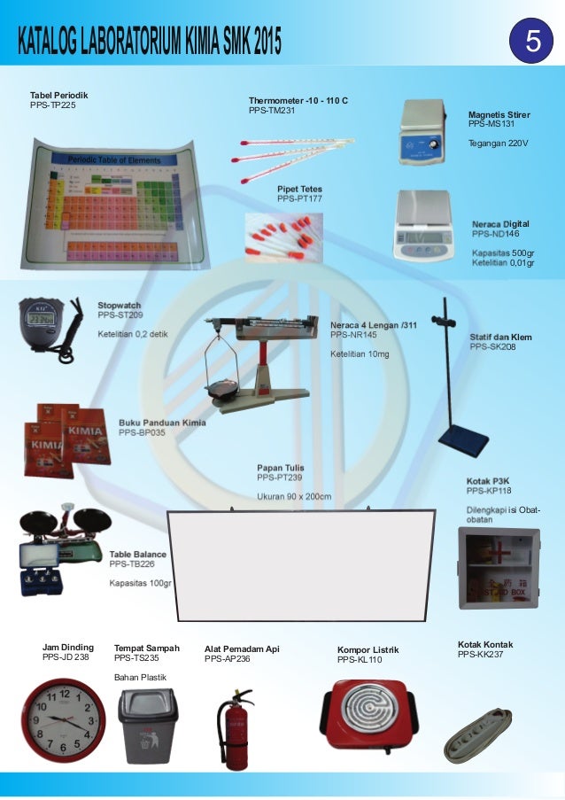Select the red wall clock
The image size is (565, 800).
coord(63,720)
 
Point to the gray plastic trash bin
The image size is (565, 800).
coord(147,726)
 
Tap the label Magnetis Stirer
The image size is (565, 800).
coord(499,115)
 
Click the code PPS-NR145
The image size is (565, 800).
coord(353,336)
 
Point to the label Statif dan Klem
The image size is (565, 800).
coord(500,338)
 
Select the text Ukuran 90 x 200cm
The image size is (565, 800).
coord(294,496)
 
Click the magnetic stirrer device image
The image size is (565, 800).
coord(426,132)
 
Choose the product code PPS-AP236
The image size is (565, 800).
coord(228,659)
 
